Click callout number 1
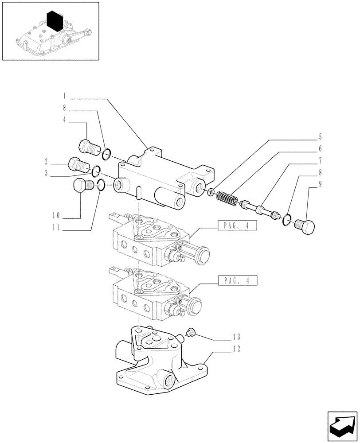64,95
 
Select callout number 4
64,119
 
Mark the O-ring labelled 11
101,186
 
